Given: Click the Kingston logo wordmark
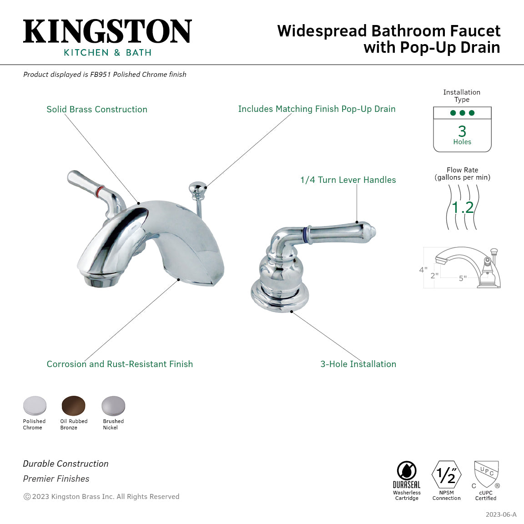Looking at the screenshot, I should [x=107, y=32].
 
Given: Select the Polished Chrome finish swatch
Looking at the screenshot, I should [x=35, y=406].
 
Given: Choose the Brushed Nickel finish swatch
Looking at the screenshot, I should [x=113, y=406].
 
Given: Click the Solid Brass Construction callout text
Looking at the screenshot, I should [x=97, y=110].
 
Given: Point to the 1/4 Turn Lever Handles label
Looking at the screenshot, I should [x=348, y=180].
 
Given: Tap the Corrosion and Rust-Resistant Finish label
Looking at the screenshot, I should [x=120, y=364].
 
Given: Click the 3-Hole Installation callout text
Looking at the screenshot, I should [x=358, y=364].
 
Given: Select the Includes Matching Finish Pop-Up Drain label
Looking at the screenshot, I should [x=317, y=109].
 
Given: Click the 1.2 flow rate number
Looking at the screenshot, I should [x=463, y=207].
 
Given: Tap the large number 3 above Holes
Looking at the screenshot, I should [x=462, y=131].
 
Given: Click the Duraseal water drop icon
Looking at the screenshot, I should [x=407, y=471].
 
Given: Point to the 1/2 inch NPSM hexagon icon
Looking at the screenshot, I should [x=446, y=475].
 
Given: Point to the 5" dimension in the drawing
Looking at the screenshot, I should [x=463, y=278].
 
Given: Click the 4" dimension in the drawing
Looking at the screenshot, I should [x=423, y=270].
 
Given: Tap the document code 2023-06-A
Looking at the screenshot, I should [x=501, y=514].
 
